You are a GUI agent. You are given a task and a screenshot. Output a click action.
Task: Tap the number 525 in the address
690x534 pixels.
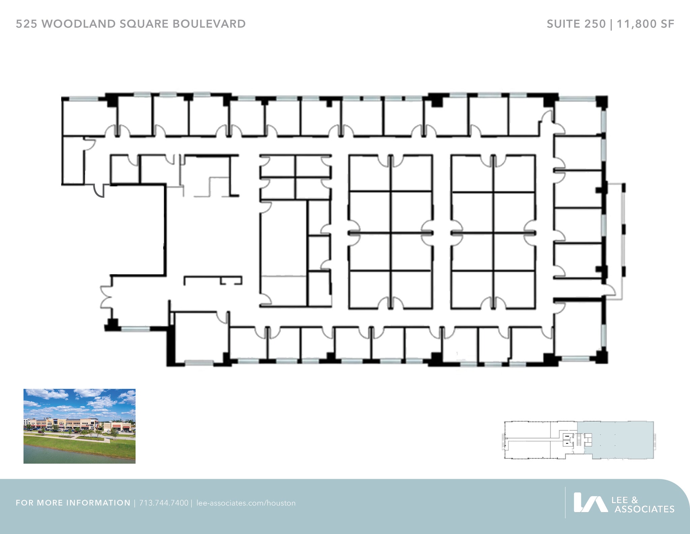27,24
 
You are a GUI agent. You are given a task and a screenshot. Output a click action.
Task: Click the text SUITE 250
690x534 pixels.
576,24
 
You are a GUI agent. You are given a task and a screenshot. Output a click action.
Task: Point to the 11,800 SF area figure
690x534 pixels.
646,24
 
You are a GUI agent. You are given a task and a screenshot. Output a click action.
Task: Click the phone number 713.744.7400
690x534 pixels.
164,503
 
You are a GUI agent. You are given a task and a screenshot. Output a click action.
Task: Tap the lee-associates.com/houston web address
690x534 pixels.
246,503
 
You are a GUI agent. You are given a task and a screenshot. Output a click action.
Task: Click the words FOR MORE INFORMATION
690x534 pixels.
73,503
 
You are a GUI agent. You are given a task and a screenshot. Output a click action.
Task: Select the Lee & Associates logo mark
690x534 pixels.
590,502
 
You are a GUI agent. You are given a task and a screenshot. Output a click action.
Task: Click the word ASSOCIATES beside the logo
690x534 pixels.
644,509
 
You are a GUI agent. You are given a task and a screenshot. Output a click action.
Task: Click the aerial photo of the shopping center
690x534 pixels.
80,426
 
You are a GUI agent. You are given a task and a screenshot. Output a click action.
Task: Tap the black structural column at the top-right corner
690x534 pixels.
602,101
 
